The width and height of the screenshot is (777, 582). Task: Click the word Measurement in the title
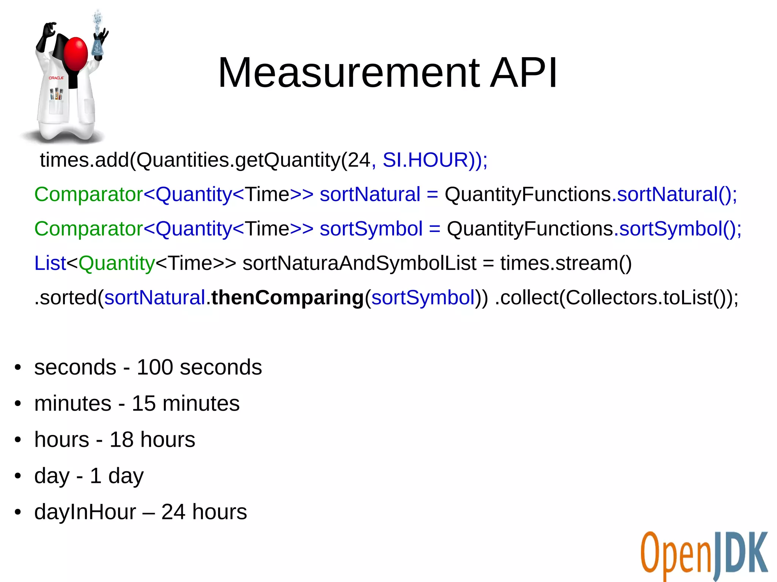349,73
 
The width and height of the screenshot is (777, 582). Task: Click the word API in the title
524,73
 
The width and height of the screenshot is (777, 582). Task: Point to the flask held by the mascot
98,45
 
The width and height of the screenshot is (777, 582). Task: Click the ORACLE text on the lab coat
56,78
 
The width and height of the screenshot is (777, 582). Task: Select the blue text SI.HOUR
425,160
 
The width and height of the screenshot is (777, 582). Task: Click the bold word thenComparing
287,298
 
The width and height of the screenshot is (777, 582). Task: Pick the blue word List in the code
50,263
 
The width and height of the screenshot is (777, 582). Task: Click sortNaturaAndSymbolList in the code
359,263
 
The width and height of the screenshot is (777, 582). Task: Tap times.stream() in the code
566,263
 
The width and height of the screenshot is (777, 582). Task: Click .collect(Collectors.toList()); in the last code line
617,298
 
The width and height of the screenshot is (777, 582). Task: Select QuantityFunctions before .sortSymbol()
530,229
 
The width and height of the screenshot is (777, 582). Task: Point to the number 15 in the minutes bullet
143,403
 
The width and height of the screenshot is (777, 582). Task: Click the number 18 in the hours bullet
121,440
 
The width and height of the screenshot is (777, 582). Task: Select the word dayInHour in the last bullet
85,512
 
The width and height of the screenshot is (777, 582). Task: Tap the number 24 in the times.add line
359,160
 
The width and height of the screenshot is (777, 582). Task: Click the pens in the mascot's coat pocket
57,94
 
